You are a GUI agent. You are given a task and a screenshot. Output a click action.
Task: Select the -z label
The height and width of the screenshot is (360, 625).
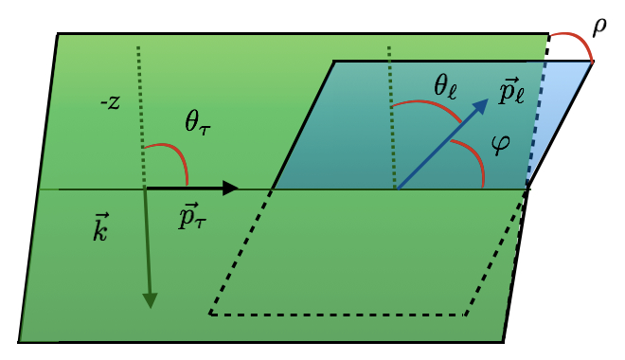tap(110, 102)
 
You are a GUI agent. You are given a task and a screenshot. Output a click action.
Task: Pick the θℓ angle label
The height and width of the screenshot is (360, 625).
tap(446, 87)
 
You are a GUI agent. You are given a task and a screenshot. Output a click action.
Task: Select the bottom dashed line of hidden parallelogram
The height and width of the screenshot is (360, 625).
tap(341, 315)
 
